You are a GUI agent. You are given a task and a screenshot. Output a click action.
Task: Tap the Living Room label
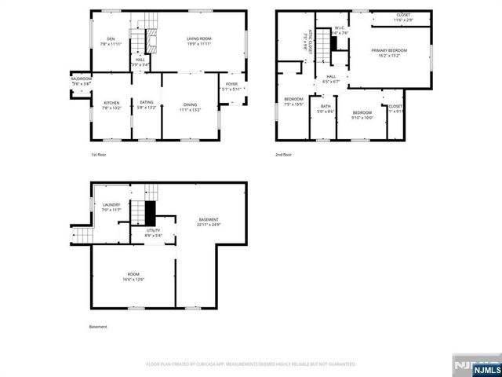(201, 41)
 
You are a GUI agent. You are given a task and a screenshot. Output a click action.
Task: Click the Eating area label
(147, 104)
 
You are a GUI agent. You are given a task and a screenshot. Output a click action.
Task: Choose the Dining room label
(191, 106)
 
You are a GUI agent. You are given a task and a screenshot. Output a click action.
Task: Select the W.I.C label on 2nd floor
(339, 31)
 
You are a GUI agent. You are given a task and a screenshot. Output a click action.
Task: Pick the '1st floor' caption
(98, 156)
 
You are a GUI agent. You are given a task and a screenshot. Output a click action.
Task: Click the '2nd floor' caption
(284, 156)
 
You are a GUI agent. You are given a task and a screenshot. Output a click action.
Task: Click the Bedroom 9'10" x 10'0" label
(362, 115)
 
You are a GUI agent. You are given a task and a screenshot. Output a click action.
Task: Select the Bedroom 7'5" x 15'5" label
(293, 101)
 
